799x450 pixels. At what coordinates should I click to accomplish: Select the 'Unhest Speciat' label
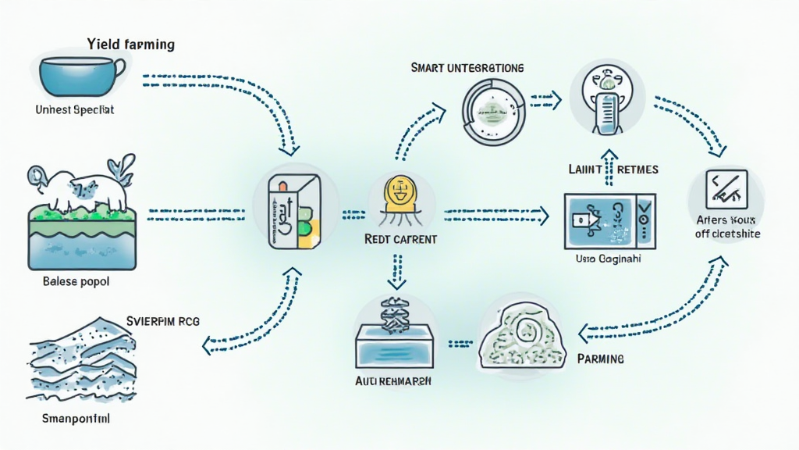point(75,110)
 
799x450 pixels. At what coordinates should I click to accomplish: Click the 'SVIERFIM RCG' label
point(168,320)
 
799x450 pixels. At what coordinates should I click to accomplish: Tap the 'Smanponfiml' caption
point(75,419)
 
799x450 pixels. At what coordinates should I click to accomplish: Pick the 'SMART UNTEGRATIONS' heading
point(467,68)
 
